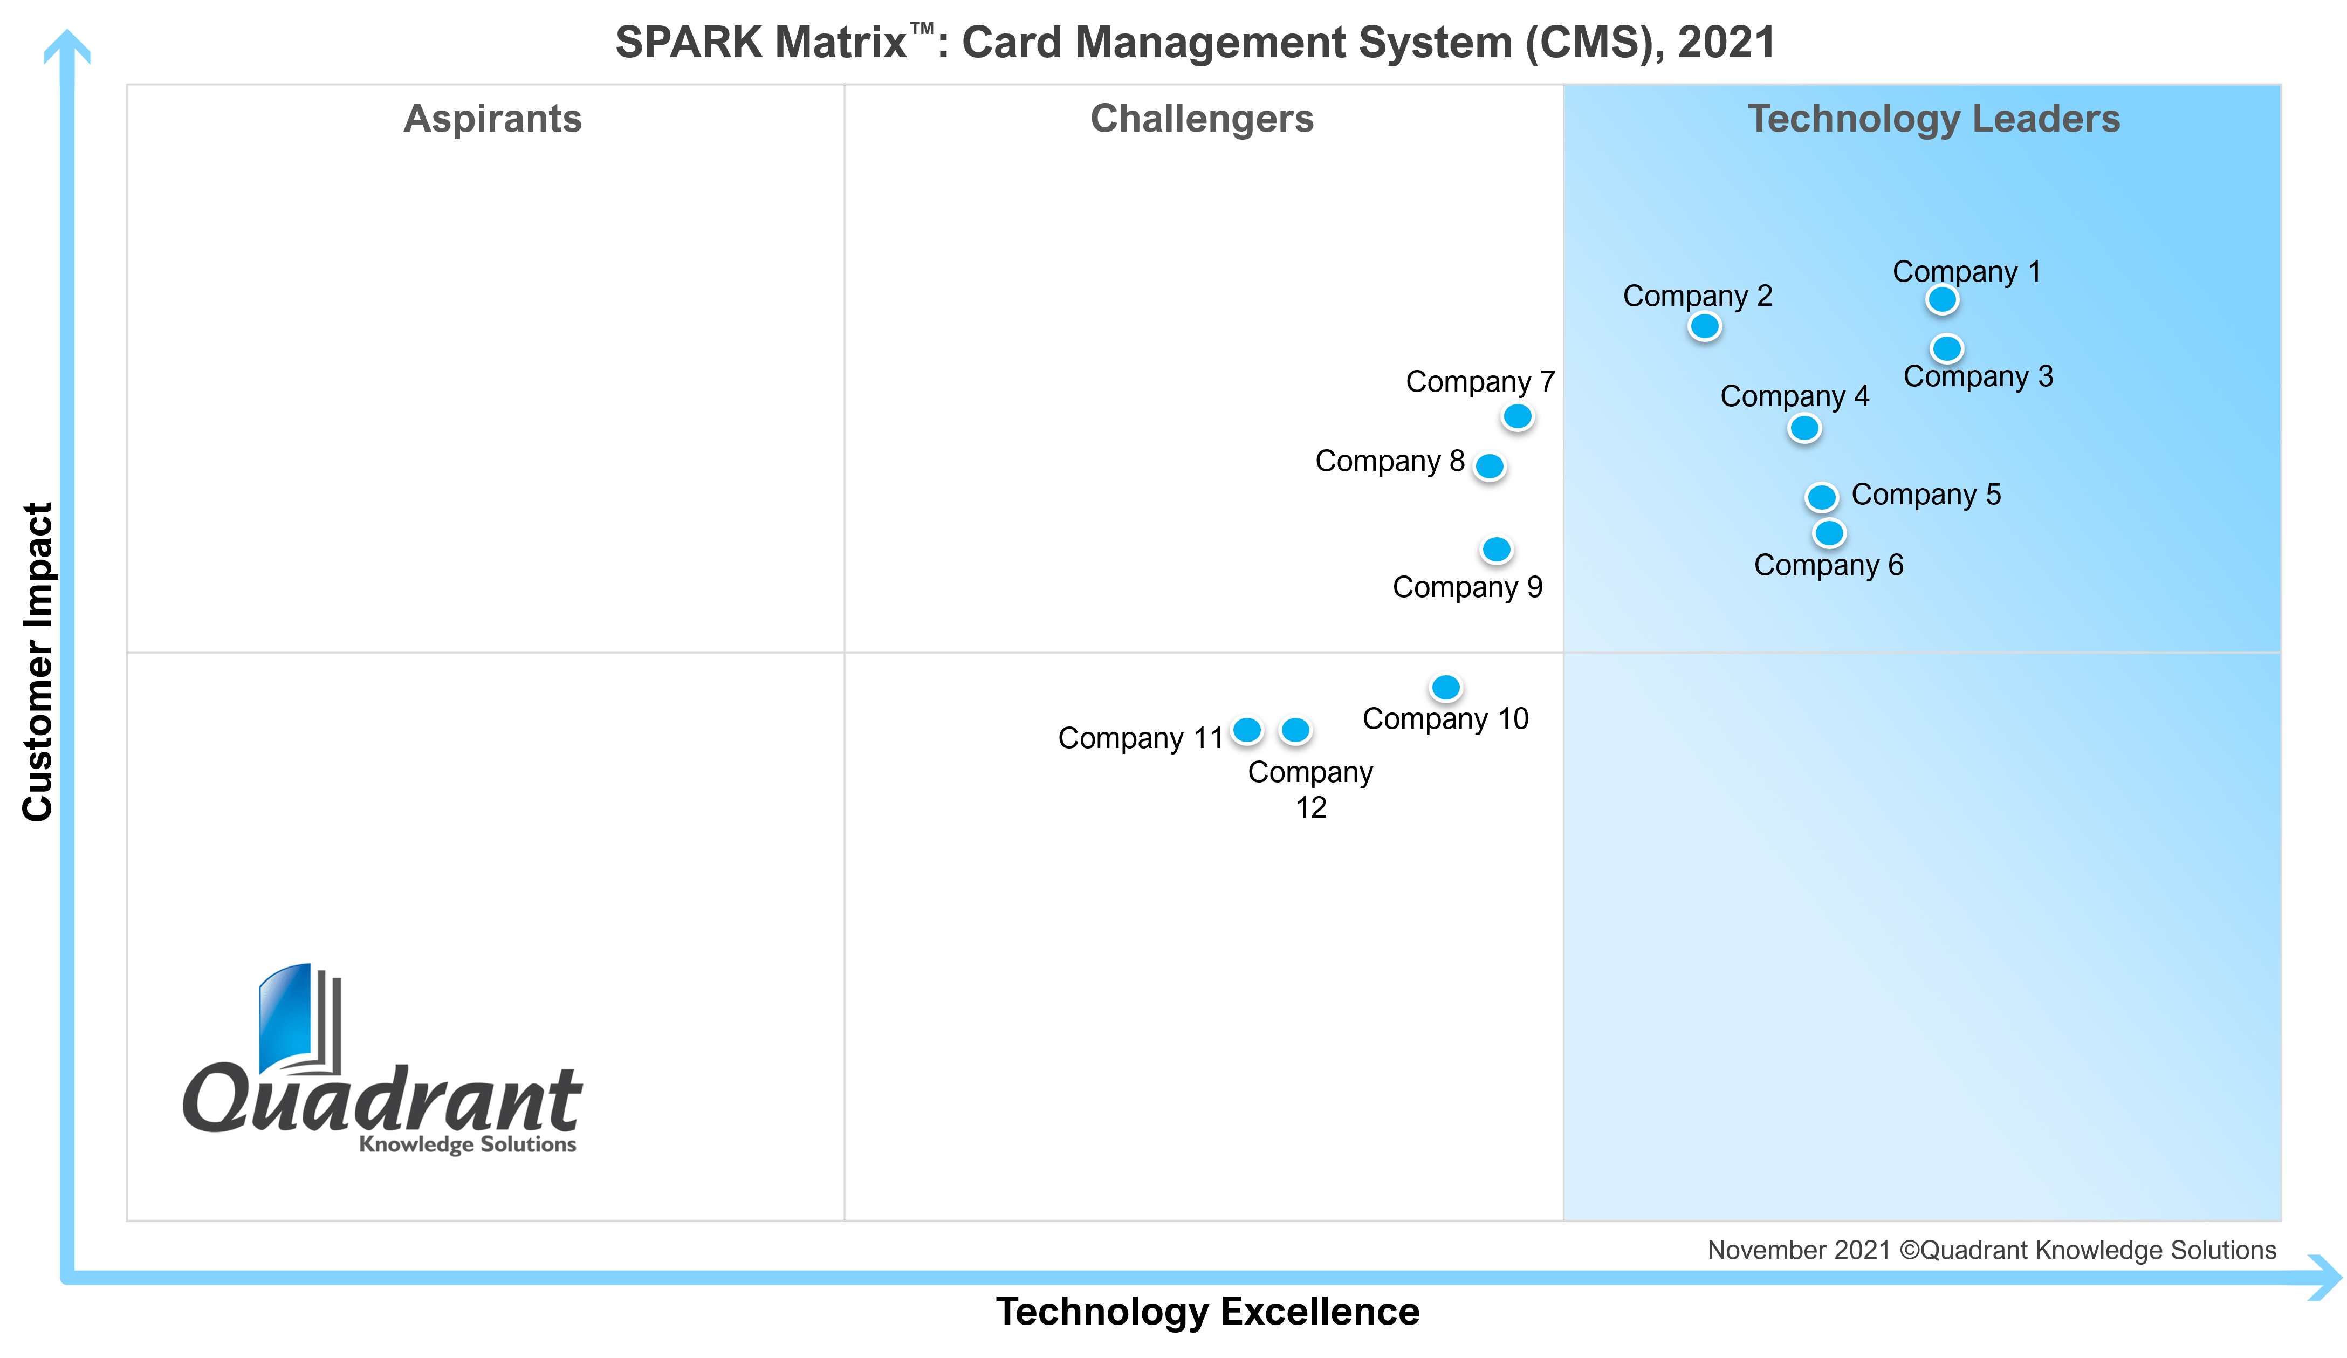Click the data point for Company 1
point(1942,300)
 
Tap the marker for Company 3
point(1946,348)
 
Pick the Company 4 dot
point(1804,428)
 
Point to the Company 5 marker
point(1822,497)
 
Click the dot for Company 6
point(1829,534)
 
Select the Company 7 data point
point(1517,416)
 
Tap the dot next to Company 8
point(1489,466)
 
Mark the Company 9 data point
point(1497,550)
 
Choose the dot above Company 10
point(1445,688)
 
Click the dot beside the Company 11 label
point(1247,730)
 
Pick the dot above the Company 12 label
point(1295,730)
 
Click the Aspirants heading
point(493,119)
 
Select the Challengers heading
point(1202,119)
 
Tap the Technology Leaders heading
point(1933,119)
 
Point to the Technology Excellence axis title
point(1207,1311)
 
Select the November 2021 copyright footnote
point(1991,1250)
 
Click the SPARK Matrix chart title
point(1195,43)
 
